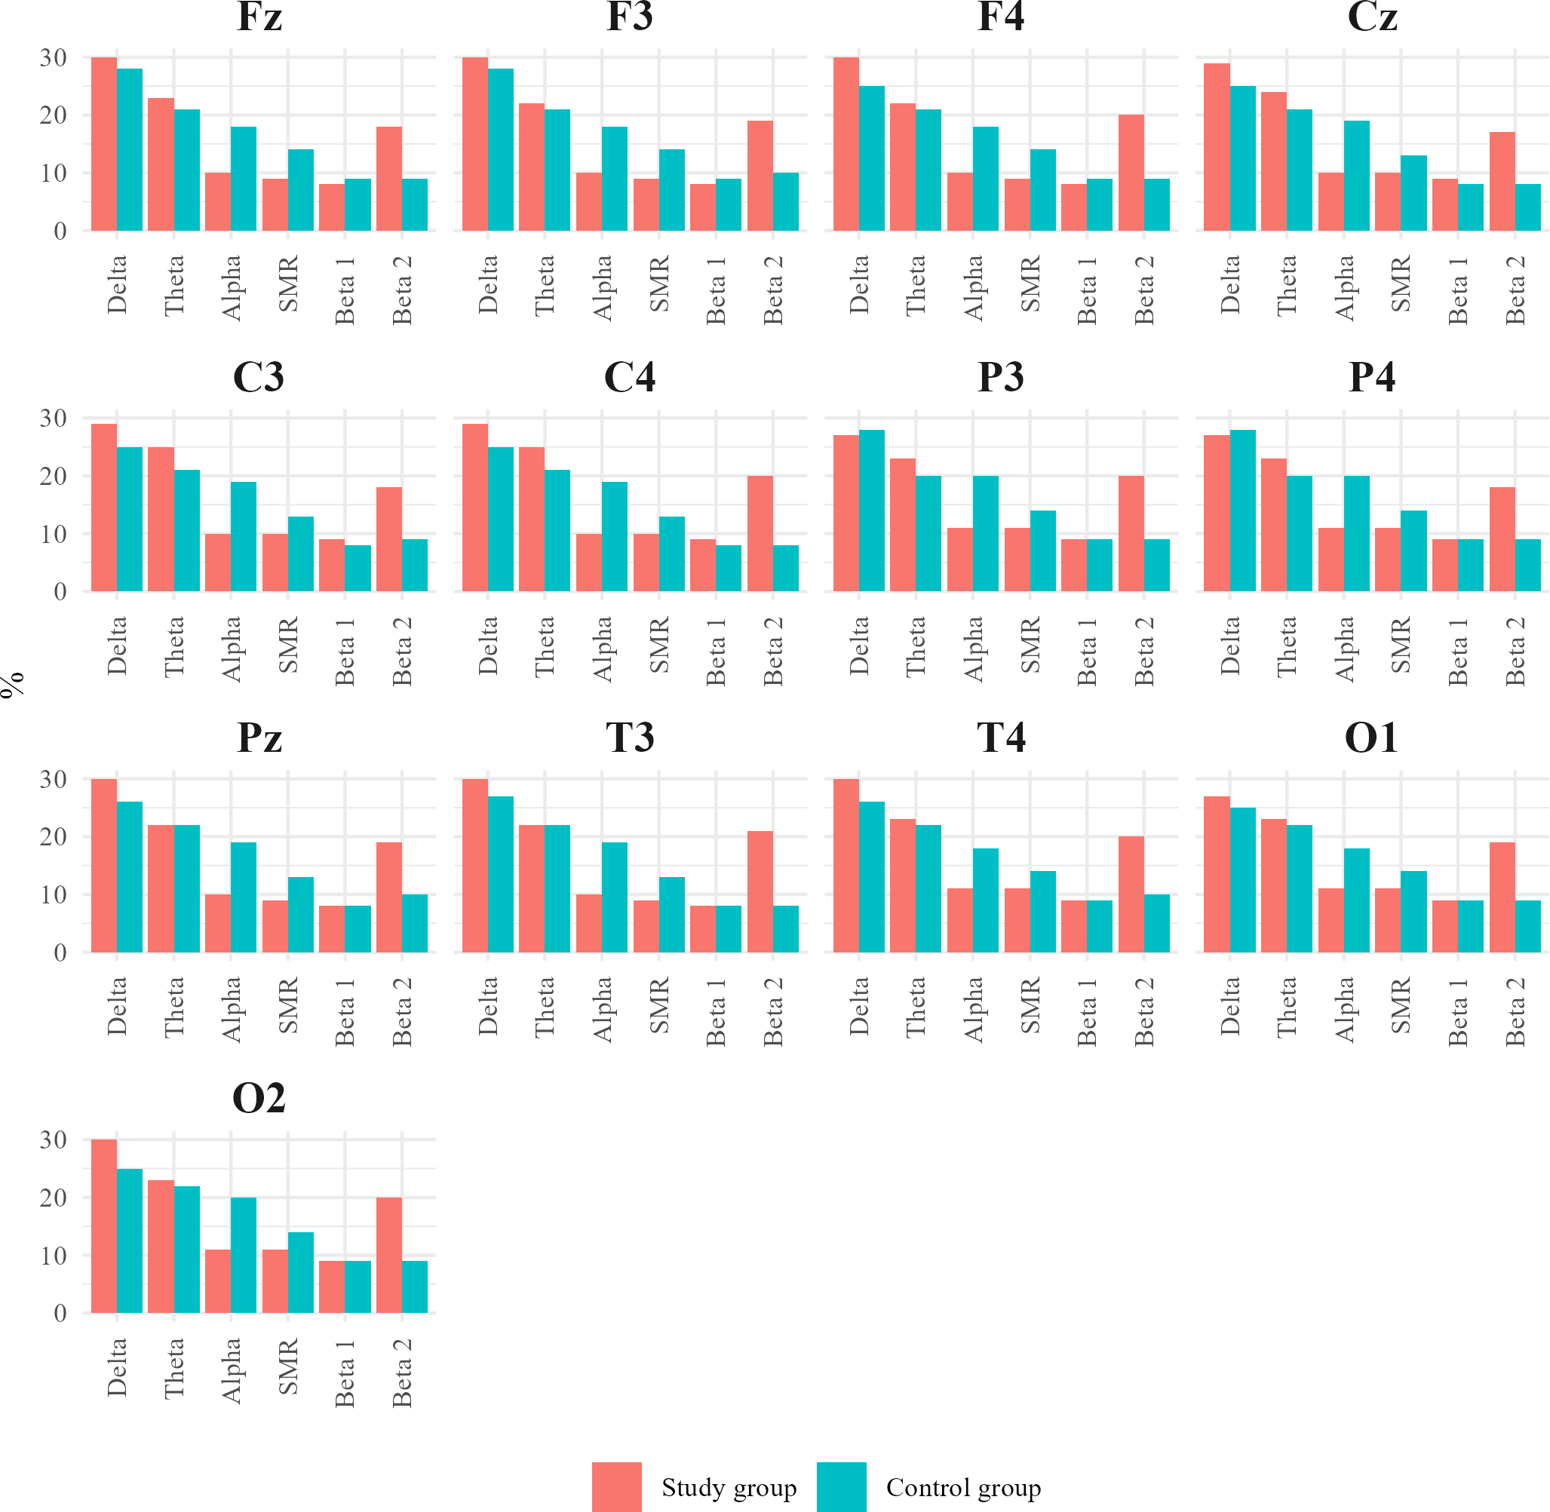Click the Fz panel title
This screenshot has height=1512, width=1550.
259,17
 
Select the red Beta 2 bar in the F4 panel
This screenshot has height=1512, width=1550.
1131,173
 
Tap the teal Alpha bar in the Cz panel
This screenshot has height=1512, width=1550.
1356,176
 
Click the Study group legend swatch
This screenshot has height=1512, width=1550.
616,1486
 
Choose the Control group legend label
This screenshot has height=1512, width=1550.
963,1487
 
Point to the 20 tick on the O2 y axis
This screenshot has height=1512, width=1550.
54,1198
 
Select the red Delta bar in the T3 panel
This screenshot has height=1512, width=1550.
475,866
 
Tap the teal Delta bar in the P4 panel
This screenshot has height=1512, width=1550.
1242,511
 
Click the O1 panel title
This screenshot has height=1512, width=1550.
1371,738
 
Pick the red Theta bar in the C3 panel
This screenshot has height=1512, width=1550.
161,520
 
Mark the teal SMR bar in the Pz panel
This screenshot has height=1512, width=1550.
301,915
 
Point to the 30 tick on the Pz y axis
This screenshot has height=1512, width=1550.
54,779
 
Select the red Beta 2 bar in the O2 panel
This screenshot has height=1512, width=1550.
388,1256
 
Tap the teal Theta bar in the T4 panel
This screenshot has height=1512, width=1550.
928,888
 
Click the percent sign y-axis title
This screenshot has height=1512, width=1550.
12,685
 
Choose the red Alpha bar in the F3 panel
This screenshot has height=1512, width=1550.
588,201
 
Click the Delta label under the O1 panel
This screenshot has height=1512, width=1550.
1230,1006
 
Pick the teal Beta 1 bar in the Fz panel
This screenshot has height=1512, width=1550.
358,205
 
